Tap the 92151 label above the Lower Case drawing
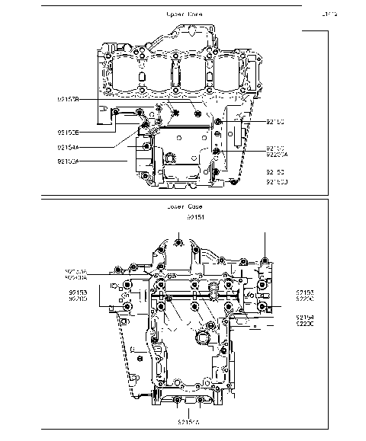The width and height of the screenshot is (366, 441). pos(196,217)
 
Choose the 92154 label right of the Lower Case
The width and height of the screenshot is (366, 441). pos(306,317)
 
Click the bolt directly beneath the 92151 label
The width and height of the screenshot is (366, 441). pos(178,243)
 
